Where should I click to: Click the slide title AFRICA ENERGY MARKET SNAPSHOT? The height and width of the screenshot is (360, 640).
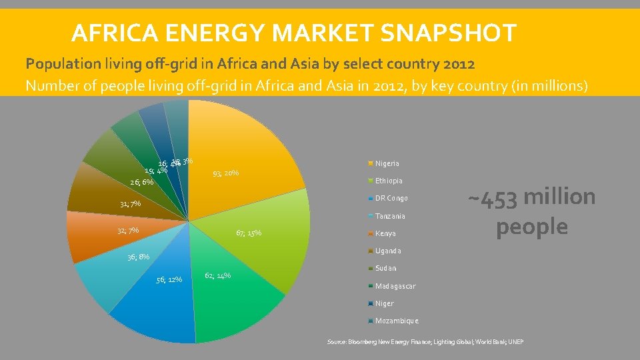(293, 32)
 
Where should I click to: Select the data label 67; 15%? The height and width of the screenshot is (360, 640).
(249, 233)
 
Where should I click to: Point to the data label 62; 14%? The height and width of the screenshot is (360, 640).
(218, 275)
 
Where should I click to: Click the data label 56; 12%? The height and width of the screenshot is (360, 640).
(169, 279)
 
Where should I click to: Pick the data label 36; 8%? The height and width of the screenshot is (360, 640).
(138, 257)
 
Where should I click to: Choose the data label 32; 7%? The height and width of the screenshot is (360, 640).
(127, 231)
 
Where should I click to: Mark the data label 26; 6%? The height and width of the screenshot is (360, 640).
(141, 182)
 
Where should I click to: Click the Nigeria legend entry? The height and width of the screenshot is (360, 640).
(387, 163)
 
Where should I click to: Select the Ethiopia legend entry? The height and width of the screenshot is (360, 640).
(388, 181)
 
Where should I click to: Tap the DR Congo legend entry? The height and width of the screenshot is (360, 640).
(391, 198)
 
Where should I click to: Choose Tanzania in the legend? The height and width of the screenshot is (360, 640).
(389, 216)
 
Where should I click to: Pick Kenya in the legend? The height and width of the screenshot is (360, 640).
(385, 233)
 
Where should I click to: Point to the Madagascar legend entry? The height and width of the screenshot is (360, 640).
(395, 286)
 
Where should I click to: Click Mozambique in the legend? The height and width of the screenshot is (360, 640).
(396, 321)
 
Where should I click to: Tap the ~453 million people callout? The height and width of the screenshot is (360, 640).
(531, 211)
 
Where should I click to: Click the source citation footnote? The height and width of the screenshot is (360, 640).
(425, 342)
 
